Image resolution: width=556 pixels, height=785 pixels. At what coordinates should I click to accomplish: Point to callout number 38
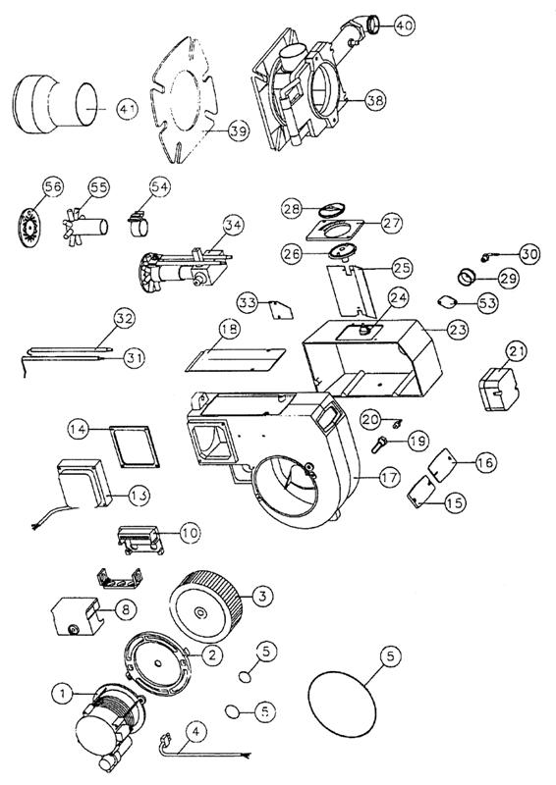pyautogui.click(x=375, y=99)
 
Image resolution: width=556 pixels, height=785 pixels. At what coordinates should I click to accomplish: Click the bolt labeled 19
pyautogui.click(x=380, y=445)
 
